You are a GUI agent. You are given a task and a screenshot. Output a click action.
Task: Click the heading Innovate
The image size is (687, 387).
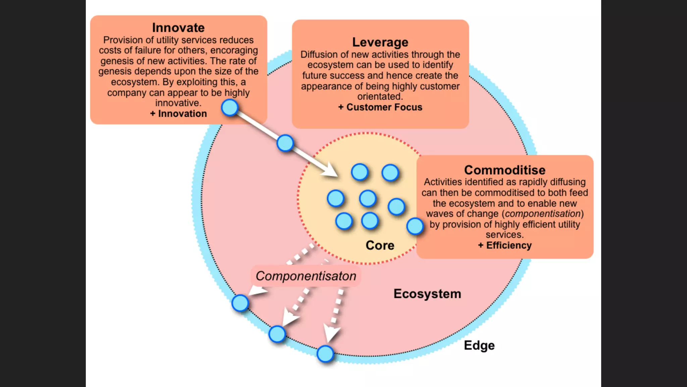click(x=178, y=28)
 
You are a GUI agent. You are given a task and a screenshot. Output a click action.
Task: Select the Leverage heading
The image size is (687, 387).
click(x=380, y=42)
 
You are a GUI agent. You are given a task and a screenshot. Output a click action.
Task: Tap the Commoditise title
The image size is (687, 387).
click(x=505, y=170)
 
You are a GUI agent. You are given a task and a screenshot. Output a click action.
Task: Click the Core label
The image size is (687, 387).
click(x=380, y=245)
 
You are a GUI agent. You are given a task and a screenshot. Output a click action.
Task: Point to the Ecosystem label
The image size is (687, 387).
click(x=427, y=294)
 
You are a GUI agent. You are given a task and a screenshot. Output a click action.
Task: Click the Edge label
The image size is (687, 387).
click(x=479, y=345)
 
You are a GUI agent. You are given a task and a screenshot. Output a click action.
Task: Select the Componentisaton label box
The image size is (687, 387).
click(x=306, y=276)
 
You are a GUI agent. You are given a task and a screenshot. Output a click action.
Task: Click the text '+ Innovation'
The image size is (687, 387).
click(x=178, y=114)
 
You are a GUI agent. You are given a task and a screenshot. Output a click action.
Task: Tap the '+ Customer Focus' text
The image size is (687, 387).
click(x=380, y=107)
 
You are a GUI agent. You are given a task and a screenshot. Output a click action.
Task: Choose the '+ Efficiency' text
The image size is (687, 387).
click(x=505, y=245)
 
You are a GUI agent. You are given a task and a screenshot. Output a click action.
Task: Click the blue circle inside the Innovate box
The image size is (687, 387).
click(x=230, y=107)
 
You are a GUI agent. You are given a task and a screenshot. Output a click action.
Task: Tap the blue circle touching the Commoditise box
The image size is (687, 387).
click(x=415, y=226)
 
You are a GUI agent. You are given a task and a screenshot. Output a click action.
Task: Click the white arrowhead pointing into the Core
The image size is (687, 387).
click(x=330, y=170)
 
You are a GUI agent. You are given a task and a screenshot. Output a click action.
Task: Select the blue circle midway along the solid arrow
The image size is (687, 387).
click(x=285, y=143)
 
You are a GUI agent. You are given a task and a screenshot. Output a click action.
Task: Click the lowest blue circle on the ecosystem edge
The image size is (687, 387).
click(x=325, y=354)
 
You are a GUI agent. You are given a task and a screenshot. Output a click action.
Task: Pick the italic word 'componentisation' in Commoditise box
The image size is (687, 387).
click(x=543, y=214)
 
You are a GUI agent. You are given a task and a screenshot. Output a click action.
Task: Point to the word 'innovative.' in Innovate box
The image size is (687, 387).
click(x=178, y=103)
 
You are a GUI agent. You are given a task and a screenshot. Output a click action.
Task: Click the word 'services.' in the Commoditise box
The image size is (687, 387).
click(x=505, y=234)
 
